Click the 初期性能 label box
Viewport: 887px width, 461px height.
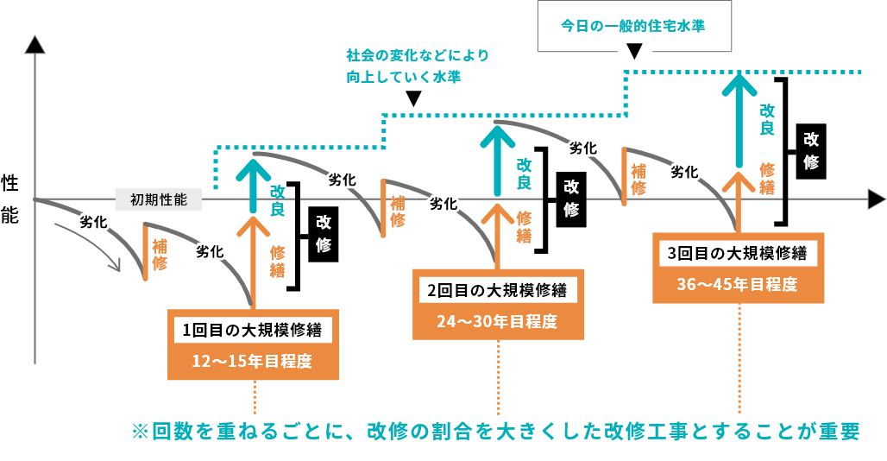(x=158, y=199)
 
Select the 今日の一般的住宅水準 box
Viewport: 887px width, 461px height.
(x=633, y=25)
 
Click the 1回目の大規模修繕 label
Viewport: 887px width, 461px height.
(x=253, y=330)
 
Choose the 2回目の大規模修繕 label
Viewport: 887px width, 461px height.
(x=498, y=290)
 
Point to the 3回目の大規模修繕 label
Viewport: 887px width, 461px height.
(x=738, y=254)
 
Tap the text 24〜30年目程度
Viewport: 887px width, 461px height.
(x=498, y=322)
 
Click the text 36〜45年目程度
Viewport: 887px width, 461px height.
(x=738, y=284)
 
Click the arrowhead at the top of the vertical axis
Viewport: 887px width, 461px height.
(x=35, y=45)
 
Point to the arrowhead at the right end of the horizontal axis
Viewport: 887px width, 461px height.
(x=876, y=199)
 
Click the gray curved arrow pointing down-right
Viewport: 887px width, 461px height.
(x=91, y=246)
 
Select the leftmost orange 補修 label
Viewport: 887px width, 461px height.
(x=160, y=254)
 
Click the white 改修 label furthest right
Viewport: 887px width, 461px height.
(x=811, y=150)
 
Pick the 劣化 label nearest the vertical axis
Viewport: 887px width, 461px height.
(x=92, y=222)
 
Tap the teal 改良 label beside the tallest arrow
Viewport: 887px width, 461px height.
(x=767, y=119)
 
